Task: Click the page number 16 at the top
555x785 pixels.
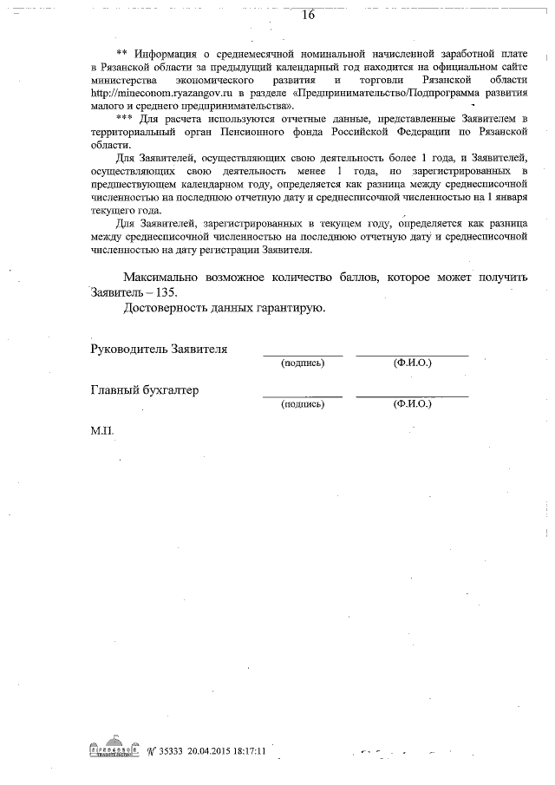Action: pyautogui.click(x=307, y=15)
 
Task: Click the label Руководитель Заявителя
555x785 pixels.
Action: pyautogui.click(x=159, y=349)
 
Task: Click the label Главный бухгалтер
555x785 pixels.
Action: pyautogui.click(x=145, y=390)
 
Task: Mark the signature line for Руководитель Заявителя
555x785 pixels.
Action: pyautogui.click(x=303, y=356)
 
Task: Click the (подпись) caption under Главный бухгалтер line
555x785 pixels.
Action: pyautogui.click(x=303, y=404)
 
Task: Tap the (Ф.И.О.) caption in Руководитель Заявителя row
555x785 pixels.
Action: pyautogui.click(x=412, y=363)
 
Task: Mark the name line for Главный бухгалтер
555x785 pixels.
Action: pyautogui.click(x=412, y=397)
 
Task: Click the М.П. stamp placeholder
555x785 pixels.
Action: pyautogui.click(x=102, y=430)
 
